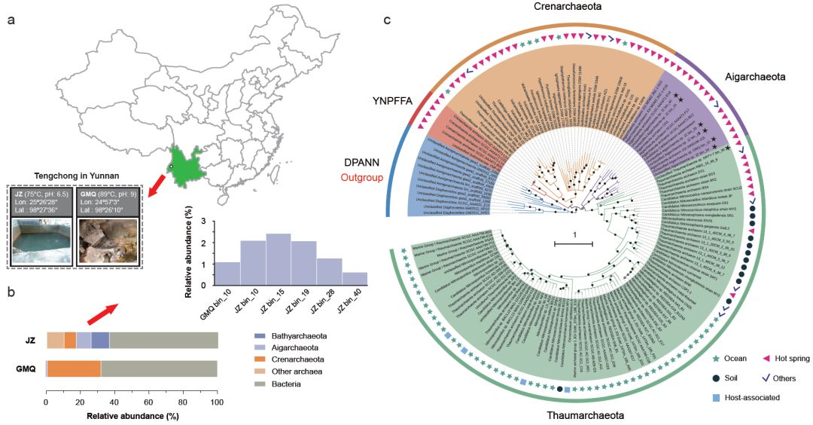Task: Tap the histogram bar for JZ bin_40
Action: (355, 277)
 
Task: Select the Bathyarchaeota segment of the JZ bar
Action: (100, 340)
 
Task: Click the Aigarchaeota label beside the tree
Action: (754, 77)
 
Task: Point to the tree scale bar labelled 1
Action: (574, 243)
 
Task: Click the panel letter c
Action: (387, 19)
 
